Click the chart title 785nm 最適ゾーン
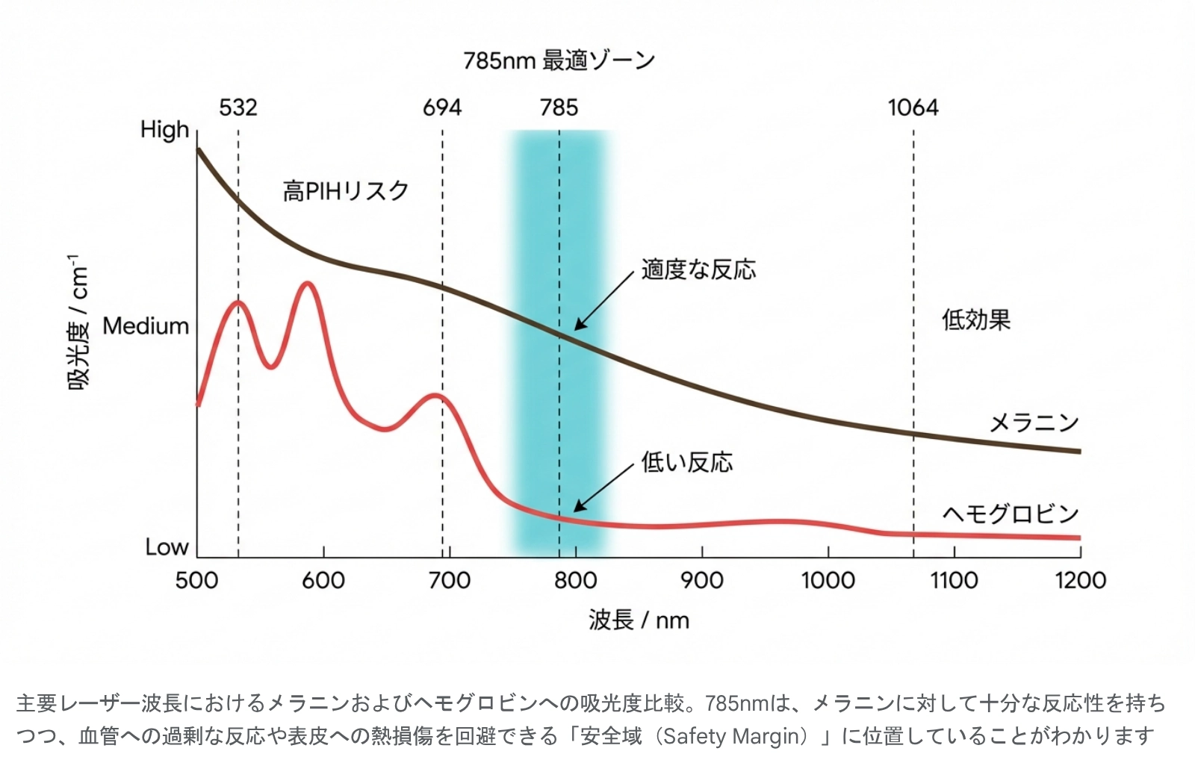[x=559, y=60]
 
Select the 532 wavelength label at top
[x=238, y=108]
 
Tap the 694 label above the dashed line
[x=442, y=108]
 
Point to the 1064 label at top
[x=913, y=108]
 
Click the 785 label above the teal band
[x=559, y=108]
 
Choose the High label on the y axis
[x=165, y=130]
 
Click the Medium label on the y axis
[x=146, y=326]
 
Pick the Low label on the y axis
[x=167, y=547]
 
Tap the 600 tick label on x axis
[x=323, y=581]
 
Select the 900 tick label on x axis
[x=702, y=581]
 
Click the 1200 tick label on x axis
[x=1080, y=581]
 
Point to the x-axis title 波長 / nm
[x=639, y=620]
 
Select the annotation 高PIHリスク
[x=346, y=191]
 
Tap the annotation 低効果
[x=975, y=320]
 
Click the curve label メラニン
[x=1034, y=423]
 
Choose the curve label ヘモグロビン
[x=1011, y=514]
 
